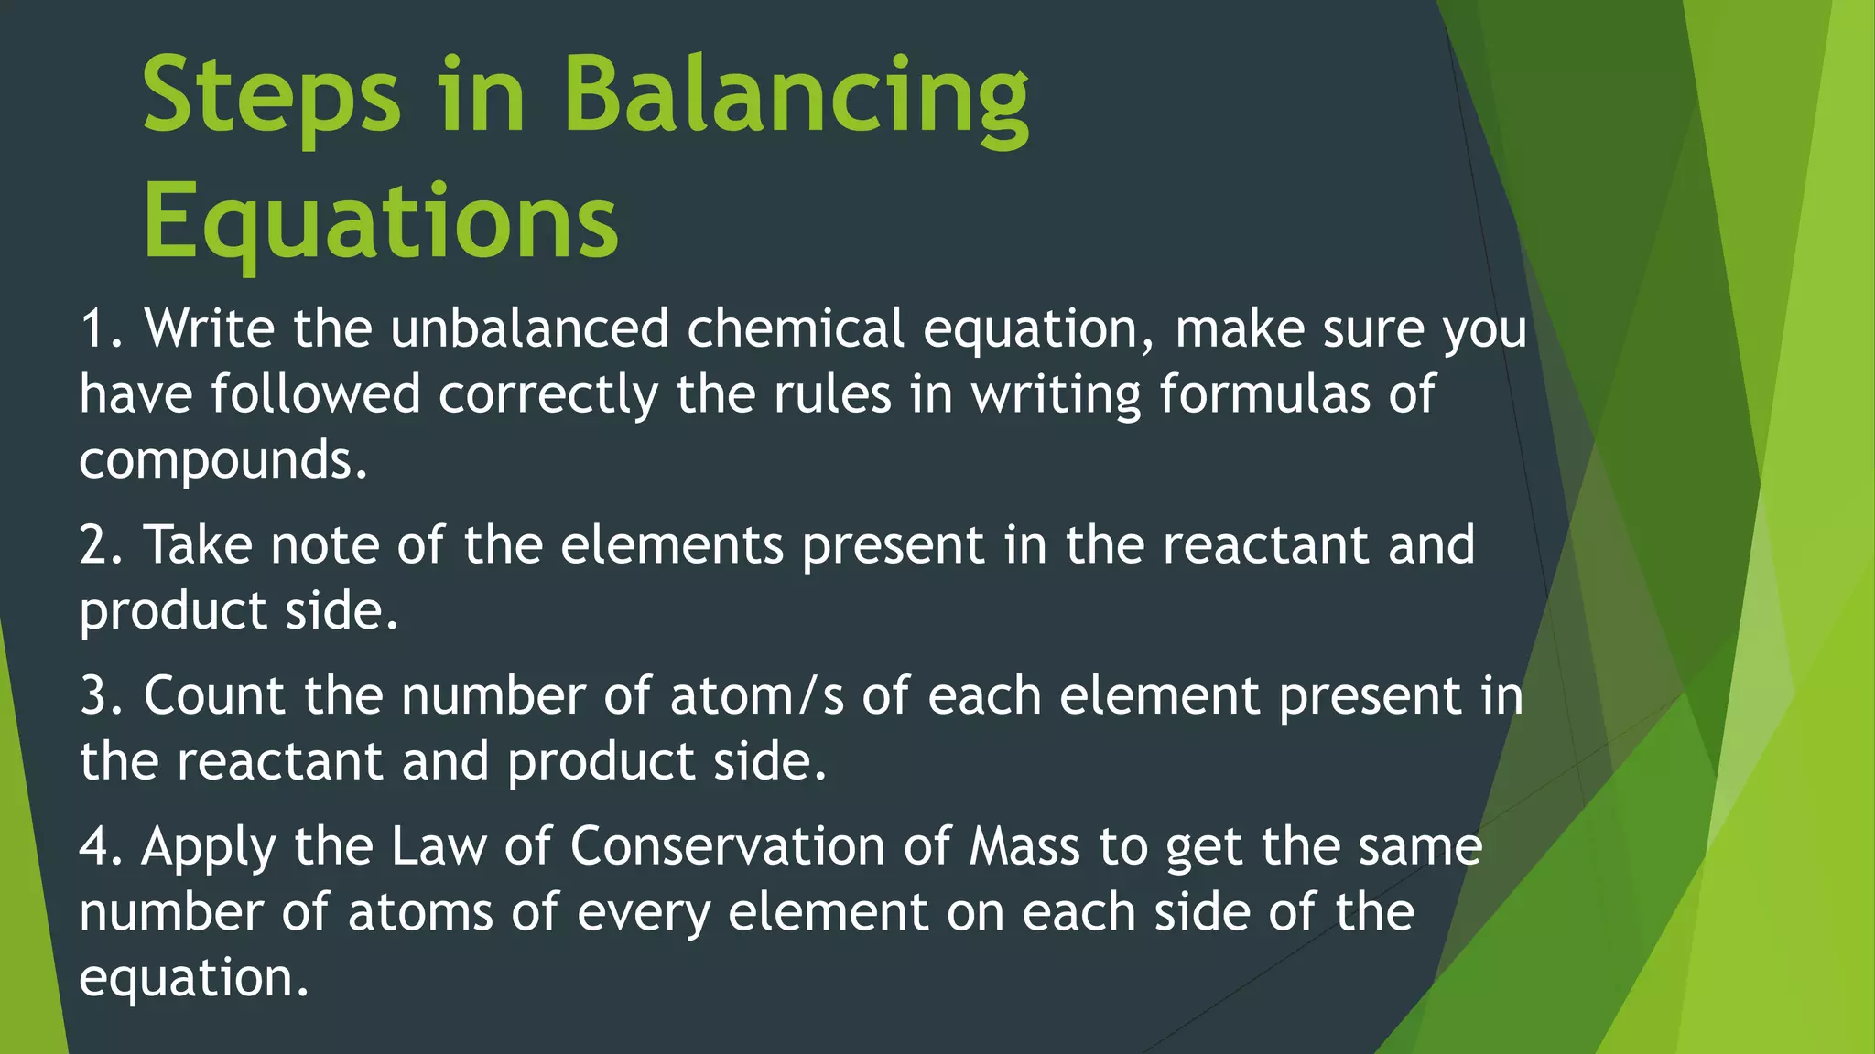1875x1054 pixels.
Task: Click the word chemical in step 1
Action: pyautogui.click(x=796, y=328)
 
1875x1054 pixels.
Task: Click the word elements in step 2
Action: pyautogui.click(x=672, y=545)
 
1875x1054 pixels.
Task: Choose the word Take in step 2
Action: pyautogui.click(x=198, y=545)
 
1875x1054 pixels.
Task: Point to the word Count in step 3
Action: pyautogui.click(x=214, y=696)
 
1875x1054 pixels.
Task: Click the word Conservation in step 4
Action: pyautogui.click(x=728, y=846)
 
